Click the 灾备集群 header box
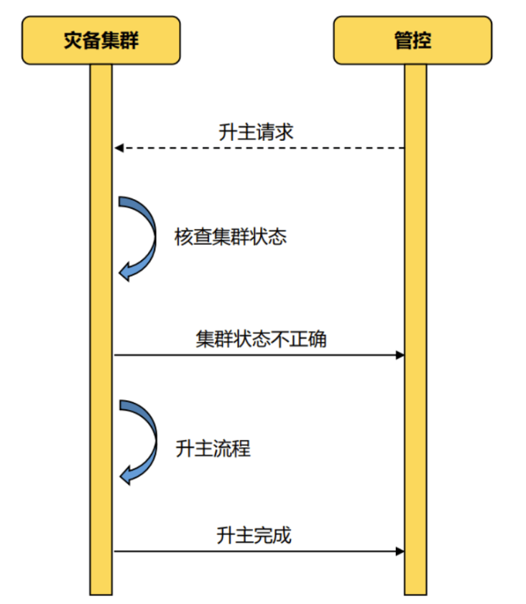click(x=101, y=40)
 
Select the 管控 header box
click(x=414, y=40)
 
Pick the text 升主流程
click(x=213, y=450)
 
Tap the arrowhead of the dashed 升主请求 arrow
click(x=119, y=148)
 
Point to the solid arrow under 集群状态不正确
click(x=259, y=355)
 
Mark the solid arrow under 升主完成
click(x=259, y=552)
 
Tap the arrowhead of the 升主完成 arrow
click(x=400, y=552)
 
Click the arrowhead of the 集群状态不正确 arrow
click(x=400, y=355)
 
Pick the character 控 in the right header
click(x=423, y=40)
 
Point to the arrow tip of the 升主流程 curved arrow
click(x=124, y=475)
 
